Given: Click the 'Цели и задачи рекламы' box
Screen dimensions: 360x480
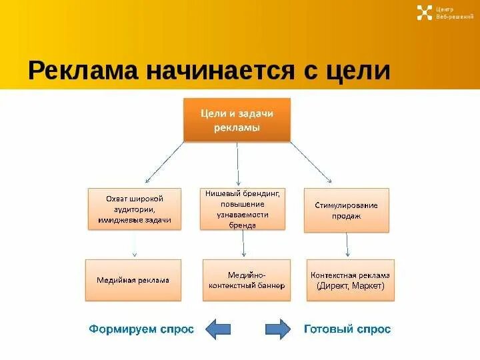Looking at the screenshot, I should click(237, 120).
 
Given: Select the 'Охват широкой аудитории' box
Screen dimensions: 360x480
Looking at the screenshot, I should click(134, 209).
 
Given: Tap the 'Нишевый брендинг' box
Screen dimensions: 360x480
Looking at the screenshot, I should click(245, 209).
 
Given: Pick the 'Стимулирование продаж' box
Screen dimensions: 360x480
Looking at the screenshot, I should click(346, 210).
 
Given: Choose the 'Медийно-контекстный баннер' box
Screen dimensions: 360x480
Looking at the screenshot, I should click(246, 280).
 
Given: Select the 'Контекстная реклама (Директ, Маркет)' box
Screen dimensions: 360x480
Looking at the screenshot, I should click(350, 280).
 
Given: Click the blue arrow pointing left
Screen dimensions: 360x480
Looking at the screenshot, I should click(217, 329).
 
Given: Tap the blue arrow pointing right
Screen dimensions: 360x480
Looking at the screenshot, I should click(278, 329).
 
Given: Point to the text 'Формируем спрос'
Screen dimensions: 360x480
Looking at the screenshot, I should click(141, 329).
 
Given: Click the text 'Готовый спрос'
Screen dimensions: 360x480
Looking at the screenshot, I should click(347, 329).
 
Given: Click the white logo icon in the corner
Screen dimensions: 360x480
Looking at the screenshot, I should click(425, 13).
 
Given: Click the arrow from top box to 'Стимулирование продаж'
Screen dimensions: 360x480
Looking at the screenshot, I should click(310, 161).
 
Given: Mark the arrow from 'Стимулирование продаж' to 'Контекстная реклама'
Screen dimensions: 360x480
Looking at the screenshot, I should click(347, 245).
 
